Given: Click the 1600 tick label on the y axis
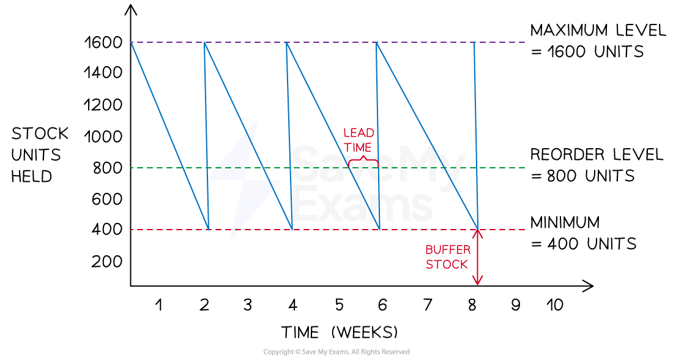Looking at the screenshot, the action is coord(103,42).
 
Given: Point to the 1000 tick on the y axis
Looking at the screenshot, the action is coord(103,137).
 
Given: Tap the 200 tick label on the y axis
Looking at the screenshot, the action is coord(107,261).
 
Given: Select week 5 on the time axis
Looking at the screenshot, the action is coord(339,304).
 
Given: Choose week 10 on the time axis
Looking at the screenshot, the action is coord(554,304).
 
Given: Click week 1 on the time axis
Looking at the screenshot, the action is coord(159,304).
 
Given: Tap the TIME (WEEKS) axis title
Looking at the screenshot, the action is coord(340,332).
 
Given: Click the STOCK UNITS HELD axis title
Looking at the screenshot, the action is coord(40,155).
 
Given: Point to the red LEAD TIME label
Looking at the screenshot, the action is coord(359,140).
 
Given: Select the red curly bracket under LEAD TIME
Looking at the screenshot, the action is coord(363,162).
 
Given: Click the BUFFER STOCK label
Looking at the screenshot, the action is coord(448,257).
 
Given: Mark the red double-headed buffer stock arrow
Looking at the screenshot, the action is coord(477,257).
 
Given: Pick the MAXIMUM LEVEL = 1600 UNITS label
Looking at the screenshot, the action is coord(598,41).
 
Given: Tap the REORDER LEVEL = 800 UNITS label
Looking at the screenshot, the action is coord(597,165).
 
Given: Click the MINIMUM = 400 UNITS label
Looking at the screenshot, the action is coord(584,233).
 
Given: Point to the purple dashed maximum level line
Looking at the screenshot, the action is coord(328,42).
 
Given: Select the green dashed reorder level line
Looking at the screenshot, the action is coord(328,168).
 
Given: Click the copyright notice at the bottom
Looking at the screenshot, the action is coord(336,352).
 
